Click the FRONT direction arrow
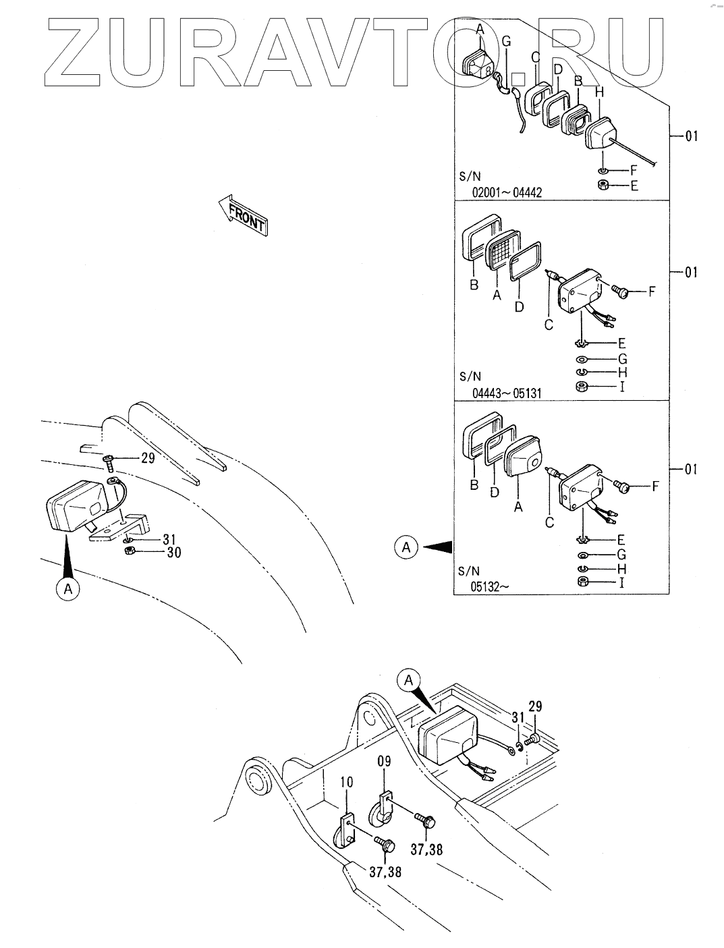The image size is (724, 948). click(244, 215)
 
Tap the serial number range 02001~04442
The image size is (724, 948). click(507, 192)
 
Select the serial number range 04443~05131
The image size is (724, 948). click(507, 393)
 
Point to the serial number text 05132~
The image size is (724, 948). click(491, 586)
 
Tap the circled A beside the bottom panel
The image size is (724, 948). click(406, 547)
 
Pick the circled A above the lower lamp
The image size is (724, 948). click(408, 681)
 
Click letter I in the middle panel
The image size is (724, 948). click(621, 387)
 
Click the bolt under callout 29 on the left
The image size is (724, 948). click(110, 461)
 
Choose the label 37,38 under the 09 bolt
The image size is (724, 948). click(426, 849)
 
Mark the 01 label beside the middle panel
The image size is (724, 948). click(691, 273)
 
